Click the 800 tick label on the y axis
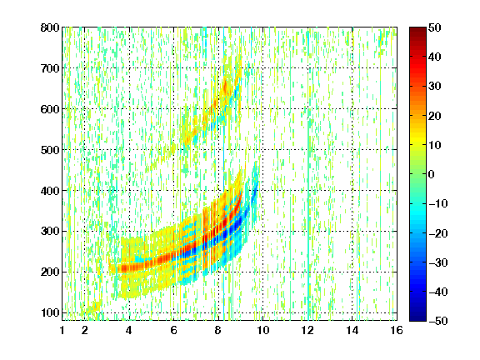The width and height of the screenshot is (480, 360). (50, 27)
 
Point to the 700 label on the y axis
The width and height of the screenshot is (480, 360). (50, 68)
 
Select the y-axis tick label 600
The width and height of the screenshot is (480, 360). (50, 109)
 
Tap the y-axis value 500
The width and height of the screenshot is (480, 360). (50, 150)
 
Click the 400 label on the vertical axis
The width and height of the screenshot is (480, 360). (50, 191)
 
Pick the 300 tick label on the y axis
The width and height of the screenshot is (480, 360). (50, 232)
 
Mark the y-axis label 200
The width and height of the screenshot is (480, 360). (50, 272)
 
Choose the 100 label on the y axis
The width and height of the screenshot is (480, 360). (50, 312)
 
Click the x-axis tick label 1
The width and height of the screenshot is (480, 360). (62, 330)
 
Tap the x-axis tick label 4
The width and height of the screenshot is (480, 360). (129, 330)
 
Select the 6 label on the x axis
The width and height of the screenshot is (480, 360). (173, 330)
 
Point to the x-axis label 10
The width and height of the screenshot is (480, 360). (262, 330)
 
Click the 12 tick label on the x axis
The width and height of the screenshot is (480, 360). (307, 330)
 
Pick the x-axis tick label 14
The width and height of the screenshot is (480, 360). (352, 330)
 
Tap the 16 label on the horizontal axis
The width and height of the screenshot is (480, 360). (397, 330)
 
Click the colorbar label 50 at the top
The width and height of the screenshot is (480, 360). (434, 27)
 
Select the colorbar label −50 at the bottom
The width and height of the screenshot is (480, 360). (437, 321)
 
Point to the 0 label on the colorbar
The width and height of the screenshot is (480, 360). (432, 174)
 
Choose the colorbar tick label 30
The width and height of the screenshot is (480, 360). (434, 87)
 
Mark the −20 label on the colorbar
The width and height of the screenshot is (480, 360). (437, 233)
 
